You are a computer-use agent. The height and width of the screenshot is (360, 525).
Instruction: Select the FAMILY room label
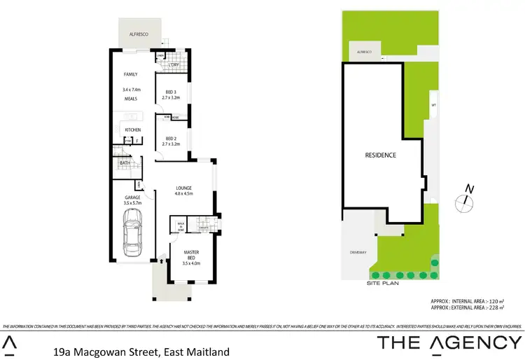point(130,74)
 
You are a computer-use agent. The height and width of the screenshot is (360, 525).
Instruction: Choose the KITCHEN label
point(133,130)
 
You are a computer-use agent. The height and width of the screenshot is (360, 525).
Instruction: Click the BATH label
point(125,163)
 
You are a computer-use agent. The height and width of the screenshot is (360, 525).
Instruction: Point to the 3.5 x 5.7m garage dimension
point(132,204)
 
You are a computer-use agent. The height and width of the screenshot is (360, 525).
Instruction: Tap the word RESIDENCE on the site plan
point(381,155)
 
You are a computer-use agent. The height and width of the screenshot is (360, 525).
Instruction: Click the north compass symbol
point(464,201)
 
